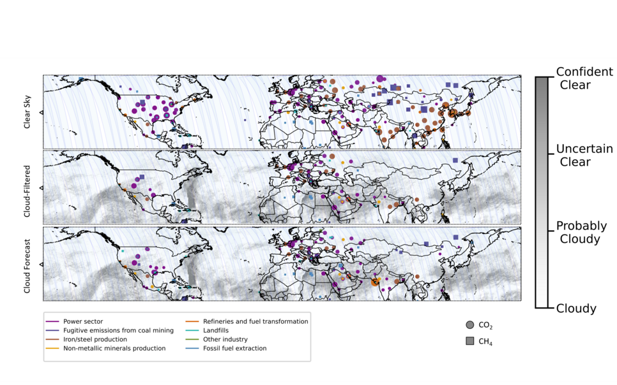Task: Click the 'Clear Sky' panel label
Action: point(27,112)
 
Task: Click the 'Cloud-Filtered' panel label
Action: point(27,187)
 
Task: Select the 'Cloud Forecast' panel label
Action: point(27,263)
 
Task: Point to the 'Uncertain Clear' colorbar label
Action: point(584,155)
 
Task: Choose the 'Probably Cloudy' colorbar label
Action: point(581,233)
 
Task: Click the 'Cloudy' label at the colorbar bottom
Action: point(575,309)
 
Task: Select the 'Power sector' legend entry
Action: point(82,322)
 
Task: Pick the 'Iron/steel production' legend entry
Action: point(95,340)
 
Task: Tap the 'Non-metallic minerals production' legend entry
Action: point(114,349)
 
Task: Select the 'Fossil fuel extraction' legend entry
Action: point(232,349)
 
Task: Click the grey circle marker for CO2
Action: point(470,325)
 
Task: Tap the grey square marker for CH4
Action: point(470,342)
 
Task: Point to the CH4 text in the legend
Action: point(485,342)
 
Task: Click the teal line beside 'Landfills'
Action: point(190,331)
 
